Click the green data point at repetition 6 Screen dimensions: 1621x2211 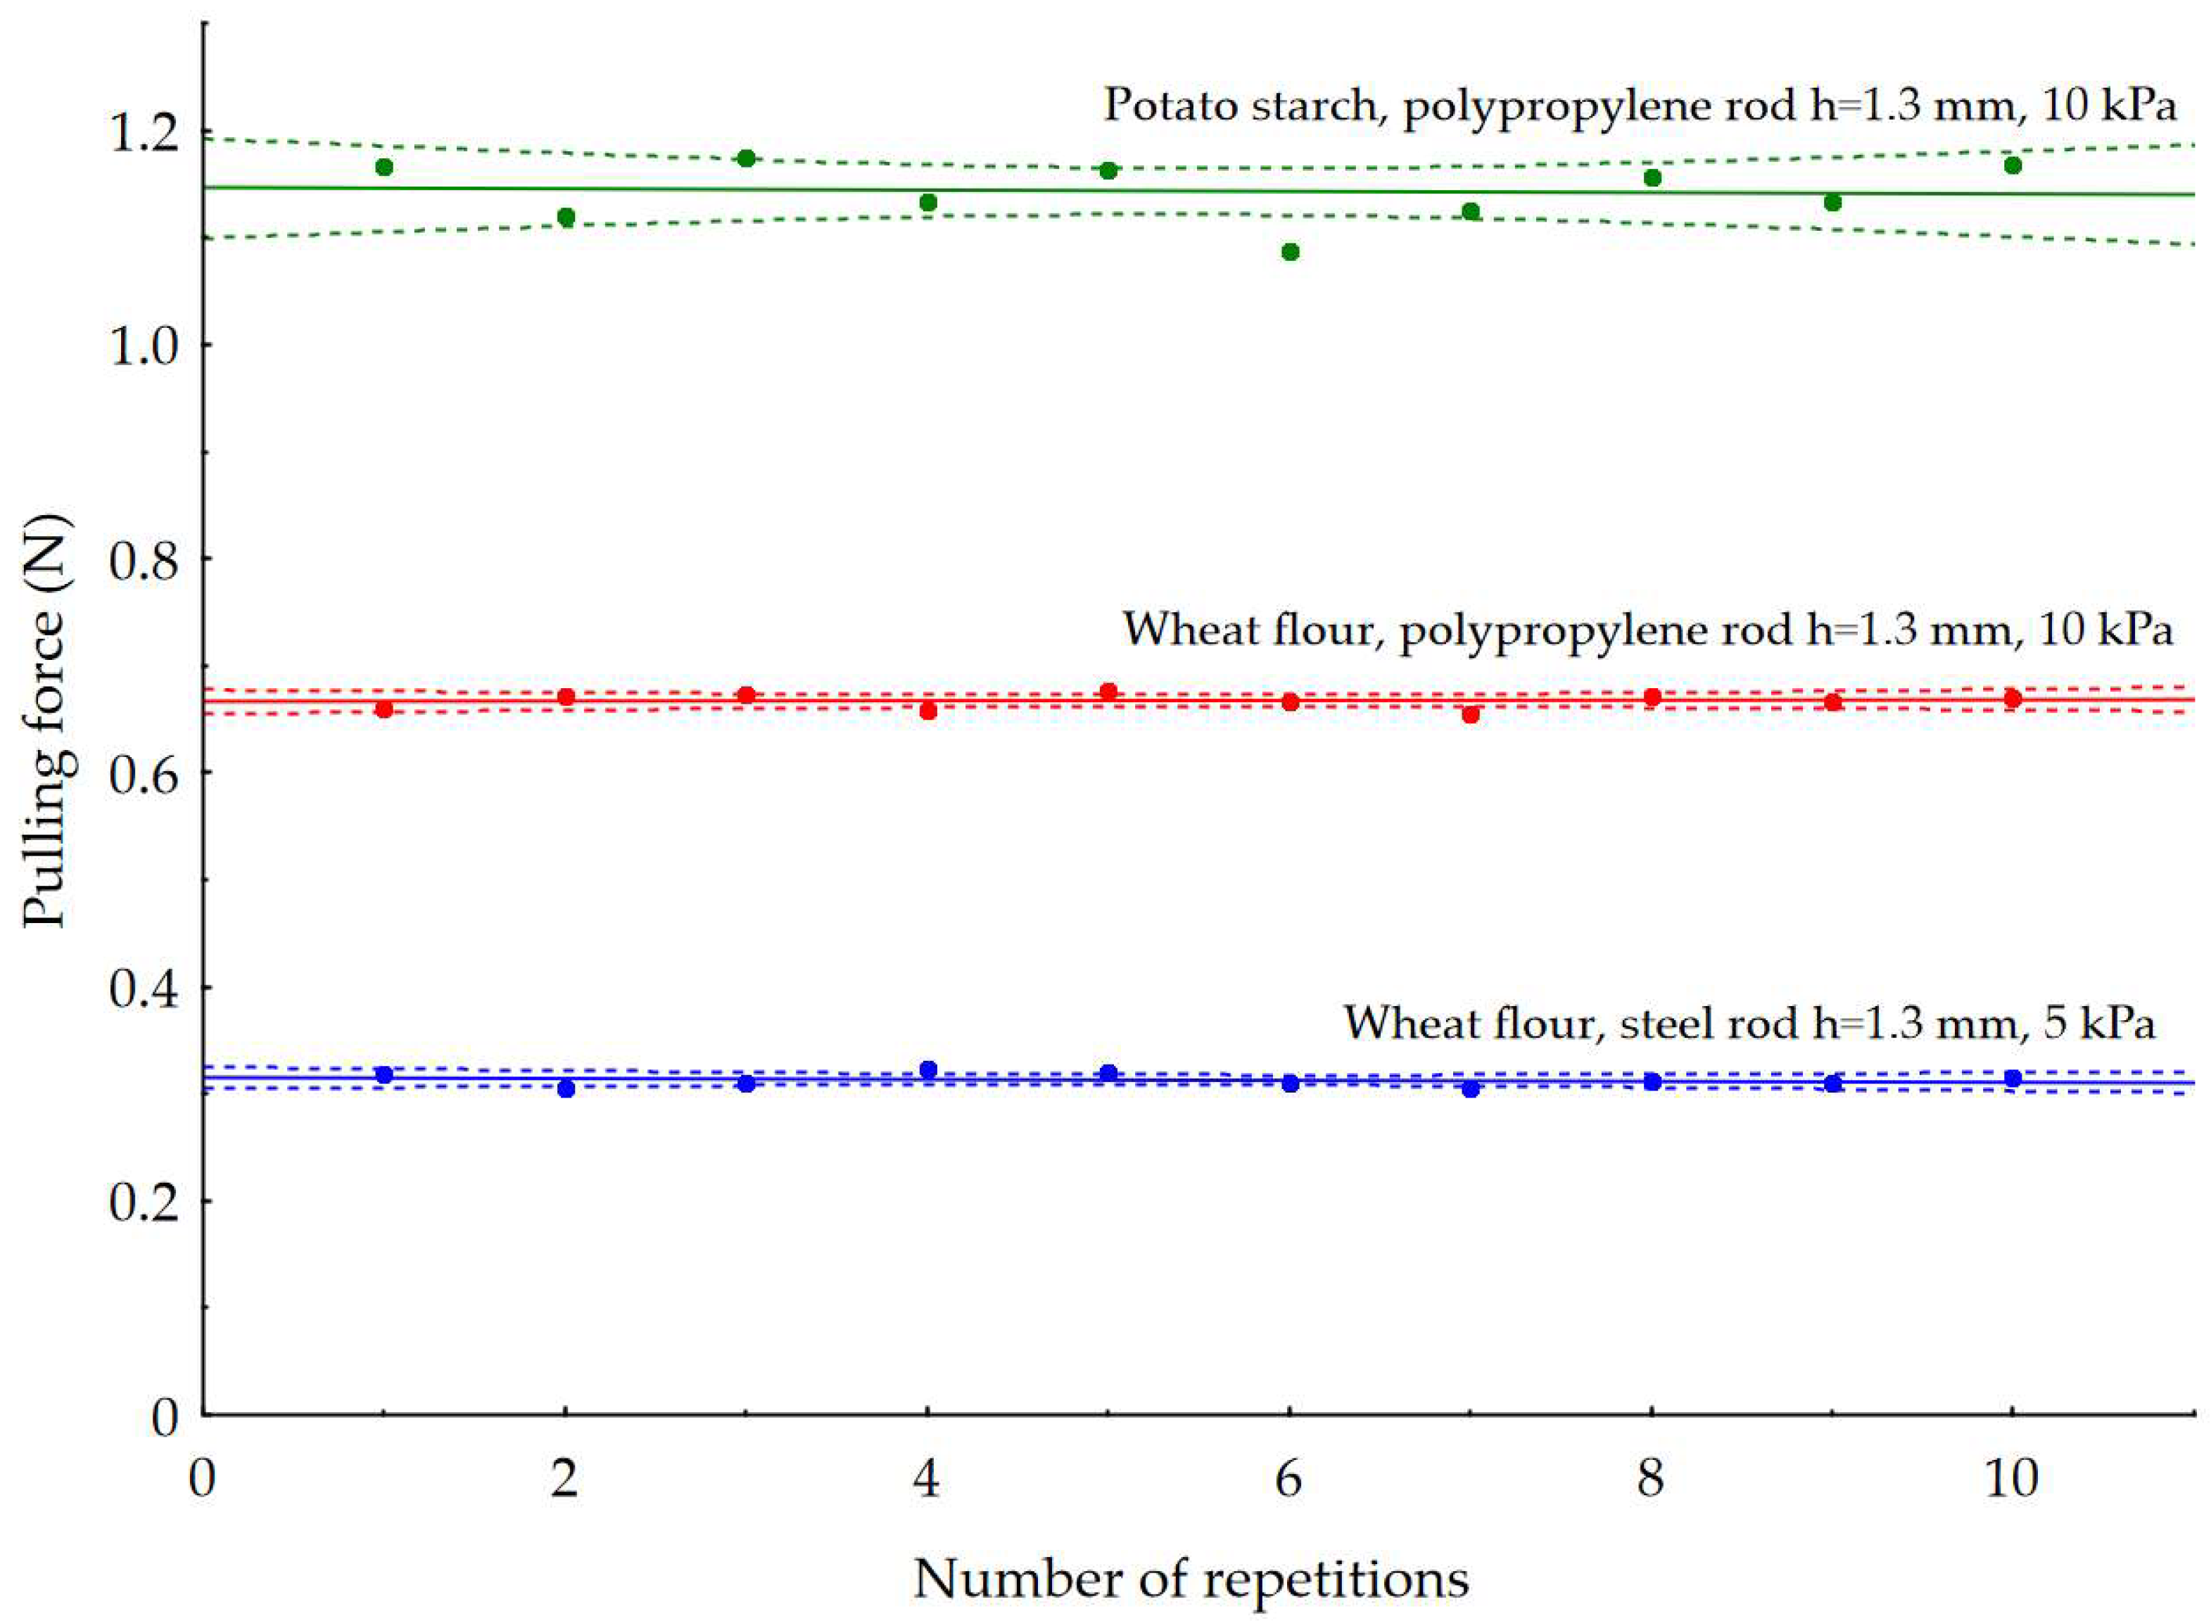click(x=1291, y=252)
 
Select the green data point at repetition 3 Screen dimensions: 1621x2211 click(x=746, y=158)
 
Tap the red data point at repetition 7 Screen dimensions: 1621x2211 click(x=1470, y=714)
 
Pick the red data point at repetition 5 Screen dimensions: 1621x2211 click(x=1109, y=692)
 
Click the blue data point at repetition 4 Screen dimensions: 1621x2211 click(x=928, y=1069)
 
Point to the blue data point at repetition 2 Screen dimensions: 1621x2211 click(x=565, y=1088)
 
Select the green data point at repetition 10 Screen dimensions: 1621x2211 click(x=2013, y=165)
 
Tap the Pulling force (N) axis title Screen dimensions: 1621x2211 click(x=47, y=720)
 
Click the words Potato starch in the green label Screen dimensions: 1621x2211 click(x=1239, y=104)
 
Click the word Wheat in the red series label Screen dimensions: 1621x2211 click(x=1179, y=628)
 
